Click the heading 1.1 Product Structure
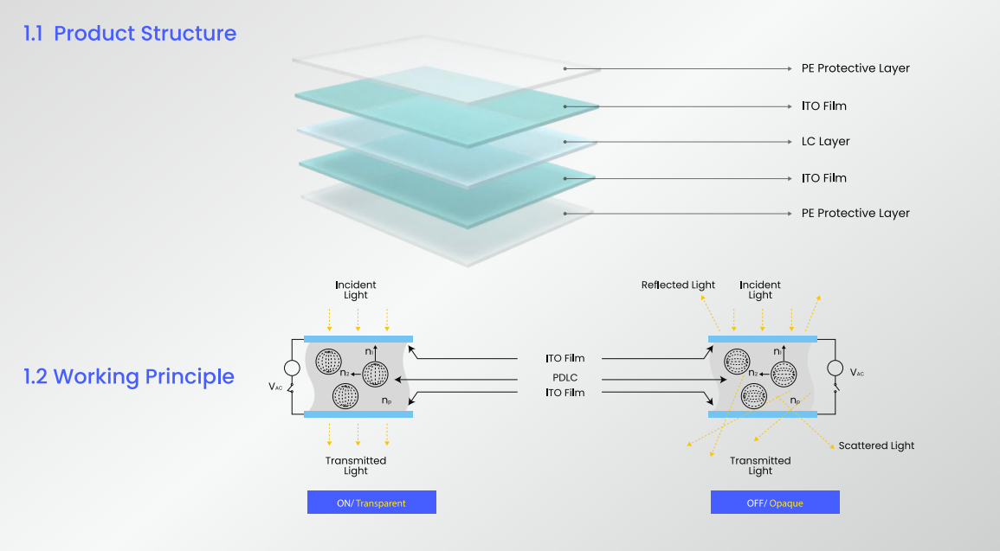point(130,34)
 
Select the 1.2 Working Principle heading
point(129,377)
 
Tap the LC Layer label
point(825,142)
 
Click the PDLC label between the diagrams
point(565,377)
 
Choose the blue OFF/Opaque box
point(775,503)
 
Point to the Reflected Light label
point(678,285)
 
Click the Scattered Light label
point(876,445)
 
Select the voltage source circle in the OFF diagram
point(835,368)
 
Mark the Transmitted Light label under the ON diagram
point(356,465)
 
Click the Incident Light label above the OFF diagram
point(760,290)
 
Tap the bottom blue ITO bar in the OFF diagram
point(762,414)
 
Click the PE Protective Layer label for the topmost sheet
point(855,68)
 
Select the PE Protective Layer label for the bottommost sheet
point(855,213)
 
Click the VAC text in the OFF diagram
point(856,373)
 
